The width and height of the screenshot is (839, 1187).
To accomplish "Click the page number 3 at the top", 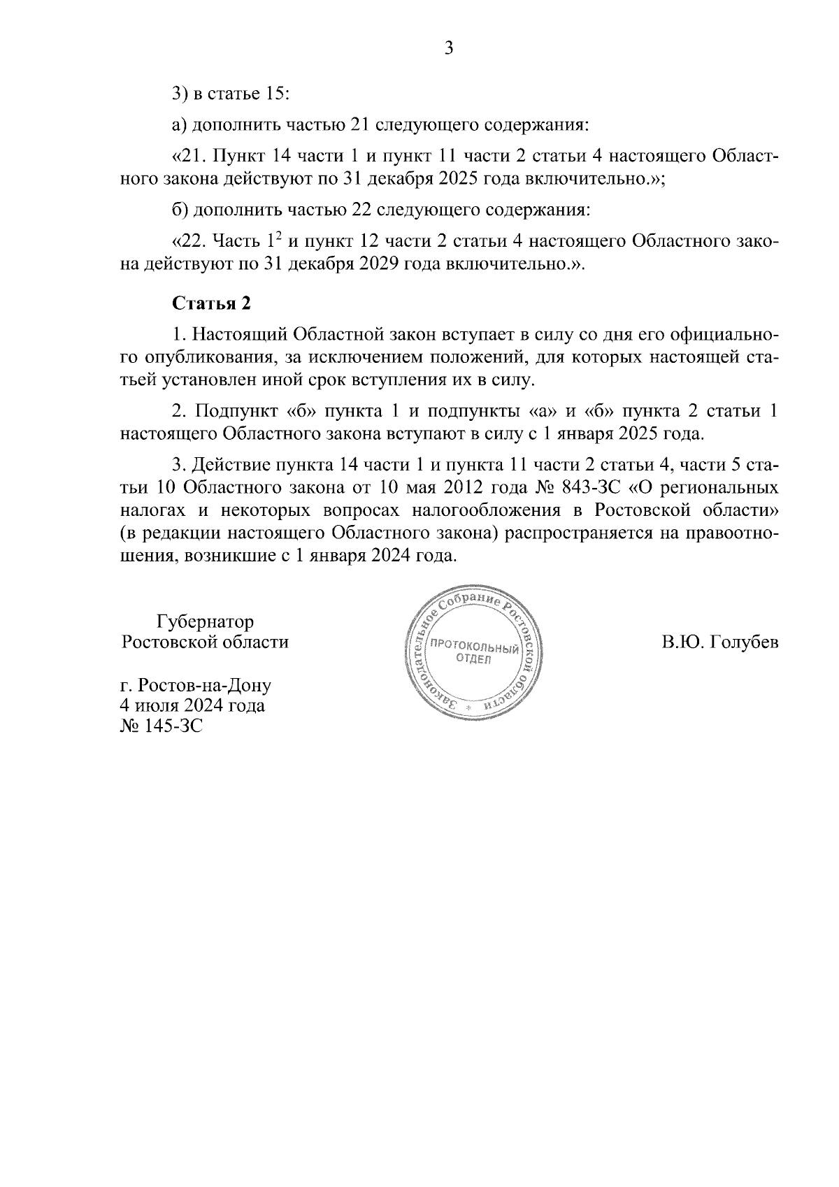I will pyautogui.click(x=449, y=48).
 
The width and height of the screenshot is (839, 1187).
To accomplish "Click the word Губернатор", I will pyautogui.click(x=206, y=621).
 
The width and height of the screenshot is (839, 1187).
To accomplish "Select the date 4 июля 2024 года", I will pyautogui.click(x=193, y=705).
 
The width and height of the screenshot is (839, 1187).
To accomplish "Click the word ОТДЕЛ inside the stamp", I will pyautogui.click(x=474, y=659).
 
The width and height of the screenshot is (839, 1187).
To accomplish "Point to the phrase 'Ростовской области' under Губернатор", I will pyautogui.click(x=205, y=642).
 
